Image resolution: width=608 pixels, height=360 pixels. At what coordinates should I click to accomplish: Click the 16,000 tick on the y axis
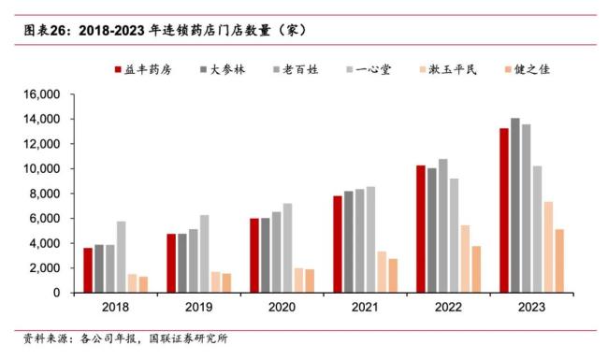[x=39, y=94]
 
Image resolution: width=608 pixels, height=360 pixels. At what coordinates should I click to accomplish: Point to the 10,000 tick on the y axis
[x=39, y=169]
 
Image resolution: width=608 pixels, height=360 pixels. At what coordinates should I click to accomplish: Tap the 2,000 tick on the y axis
[x=42, y=268]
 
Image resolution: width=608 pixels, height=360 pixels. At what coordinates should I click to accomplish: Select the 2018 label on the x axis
[x=116, y=307]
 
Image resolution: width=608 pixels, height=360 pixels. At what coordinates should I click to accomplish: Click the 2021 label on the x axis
[x=366, y=307]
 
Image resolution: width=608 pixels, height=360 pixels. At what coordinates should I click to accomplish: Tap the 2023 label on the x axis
[x=532, y=307]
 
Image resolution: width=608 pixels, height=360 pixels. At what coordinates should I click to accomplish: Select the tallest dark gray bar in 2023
[x=514, y=206]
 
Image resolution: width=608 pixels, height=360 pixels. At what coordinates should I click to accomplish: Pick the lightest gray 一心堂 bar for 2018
[x=121, y=257]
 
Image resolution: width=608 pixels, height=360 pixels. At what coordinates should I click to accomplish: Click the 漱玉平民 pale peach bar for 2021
[x=382, y=272]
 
